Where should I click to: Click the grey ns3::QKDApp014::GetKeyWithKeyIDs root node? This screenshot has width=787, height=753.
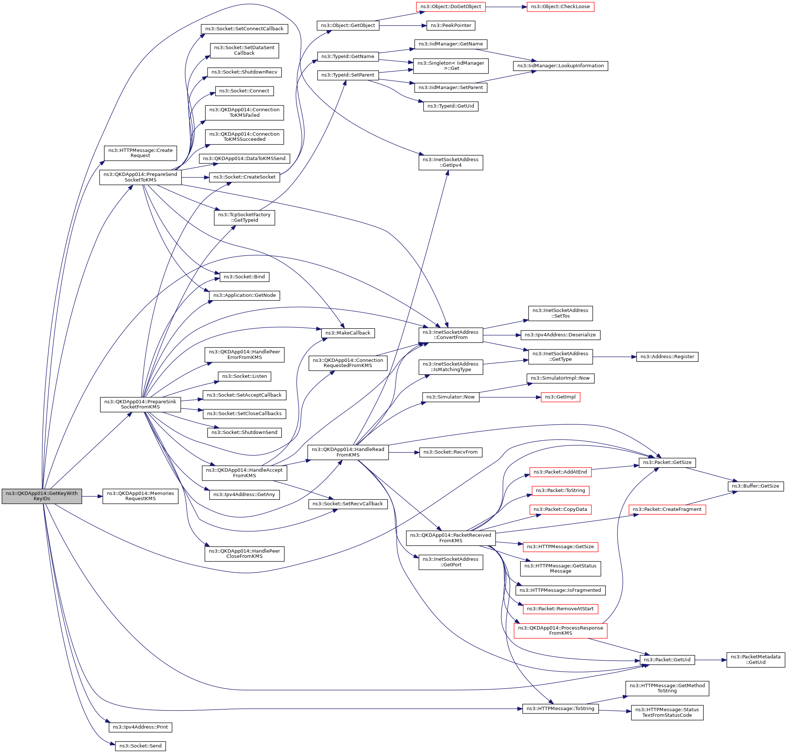coord(42,496)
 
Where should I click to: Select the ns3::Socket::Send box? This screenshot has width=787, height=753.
coord(140,746)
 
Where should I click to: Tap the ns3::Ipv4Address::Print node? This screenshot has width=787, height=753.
coord(140,727)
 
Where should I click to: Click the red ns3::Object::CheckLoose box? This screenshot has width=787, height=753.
coord(560,7)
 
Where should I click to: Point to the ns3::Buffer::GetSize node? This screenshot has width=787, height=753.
coord(755,486)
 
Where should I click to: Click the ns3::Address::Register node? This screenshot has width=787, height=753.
coord(667,356)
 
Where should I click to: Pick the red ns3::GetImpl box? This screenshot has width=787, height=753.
coord(560,397)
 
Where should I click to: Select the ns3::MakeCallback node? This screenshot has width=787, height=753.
coord(348,333)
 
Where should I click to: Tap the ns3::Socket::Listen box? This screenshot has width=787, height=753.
coord(244,376)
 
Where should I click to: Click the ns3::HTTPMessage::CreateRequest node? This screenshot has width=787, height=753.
coord(140,153)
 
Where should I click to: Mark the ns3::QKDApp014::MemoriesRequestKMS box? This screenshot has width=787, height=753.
coord(140,496)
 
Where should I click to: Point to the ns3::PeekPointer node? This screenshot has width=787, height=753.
coord(450,25)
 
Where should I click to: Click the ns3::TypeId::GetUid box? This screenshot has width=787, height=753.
coord(450,106)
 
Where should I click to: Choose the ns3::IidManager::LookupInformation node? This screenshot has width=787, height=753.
coord(560,66)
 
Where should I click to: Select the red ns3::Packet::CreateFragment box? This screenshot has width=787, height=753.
coord(667,509)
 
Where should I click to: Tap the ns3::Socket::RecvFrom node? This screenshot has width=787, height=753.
coord(450,452)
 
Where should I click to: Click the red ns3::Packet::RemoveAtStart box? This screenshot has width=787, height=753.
coord(560,608)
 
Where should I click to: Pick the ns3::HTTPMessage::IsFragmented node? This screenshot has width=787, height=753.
coord(560,590)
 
